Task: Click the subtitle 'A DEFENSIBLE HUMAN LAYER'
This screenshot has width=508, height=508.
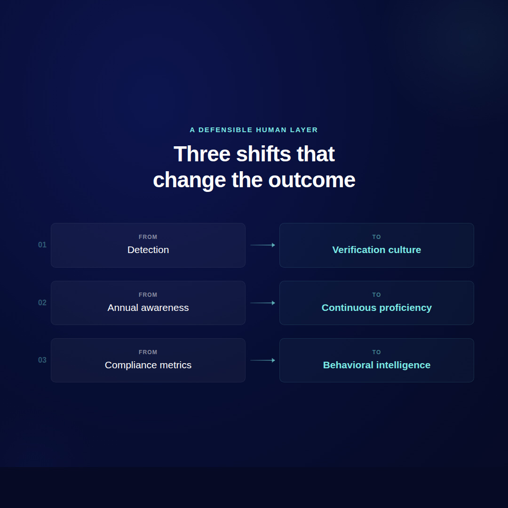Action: (x=254, y=130)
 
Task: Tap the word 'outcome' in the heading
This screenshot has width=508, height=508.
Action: (x=311, y=180)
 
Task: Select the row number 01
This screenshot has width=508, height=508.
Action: (x=42, y=245)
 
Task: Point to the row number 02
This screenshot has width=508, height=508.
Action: (x=42, y=303)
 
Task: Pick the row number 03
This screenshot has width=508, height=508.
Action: (x=42, y=360)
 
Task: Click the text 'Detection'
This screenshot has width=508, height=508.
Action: (x=148, y=250)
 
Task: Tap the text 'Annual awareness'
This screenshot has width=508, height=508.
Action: (x=148, y=308)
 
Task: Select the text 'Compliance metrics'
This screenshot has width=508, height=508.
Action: (x=148, y=365)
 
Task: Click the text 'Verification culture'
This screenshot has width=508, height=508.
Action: (x=377, y=250)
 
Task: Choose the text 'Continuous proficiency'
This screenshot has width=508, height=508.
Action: (x=377, y=308)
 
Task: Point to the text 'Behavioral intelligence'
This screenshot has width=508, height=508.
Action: (x=377, y=365)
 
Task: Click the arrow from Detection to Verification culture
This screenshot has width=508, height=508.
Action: (x=262, y=245)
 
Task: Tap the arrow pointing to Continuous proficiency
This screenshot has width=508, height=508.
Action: (x=262, y=303)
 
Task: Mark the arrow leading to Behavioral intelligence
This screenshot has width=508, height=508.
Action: (x=262, y=360)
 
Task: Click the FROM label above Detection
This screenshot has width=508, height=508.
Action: (x=148, y=237)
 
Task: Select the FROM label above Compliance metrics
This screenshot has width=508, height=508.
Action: (x=148, y=352)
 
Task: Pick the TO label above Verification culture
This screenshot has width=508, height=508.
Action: (x=377, y=237)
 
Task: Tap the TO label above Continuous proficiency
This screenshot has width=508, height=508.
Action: (x=377, y=295)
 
